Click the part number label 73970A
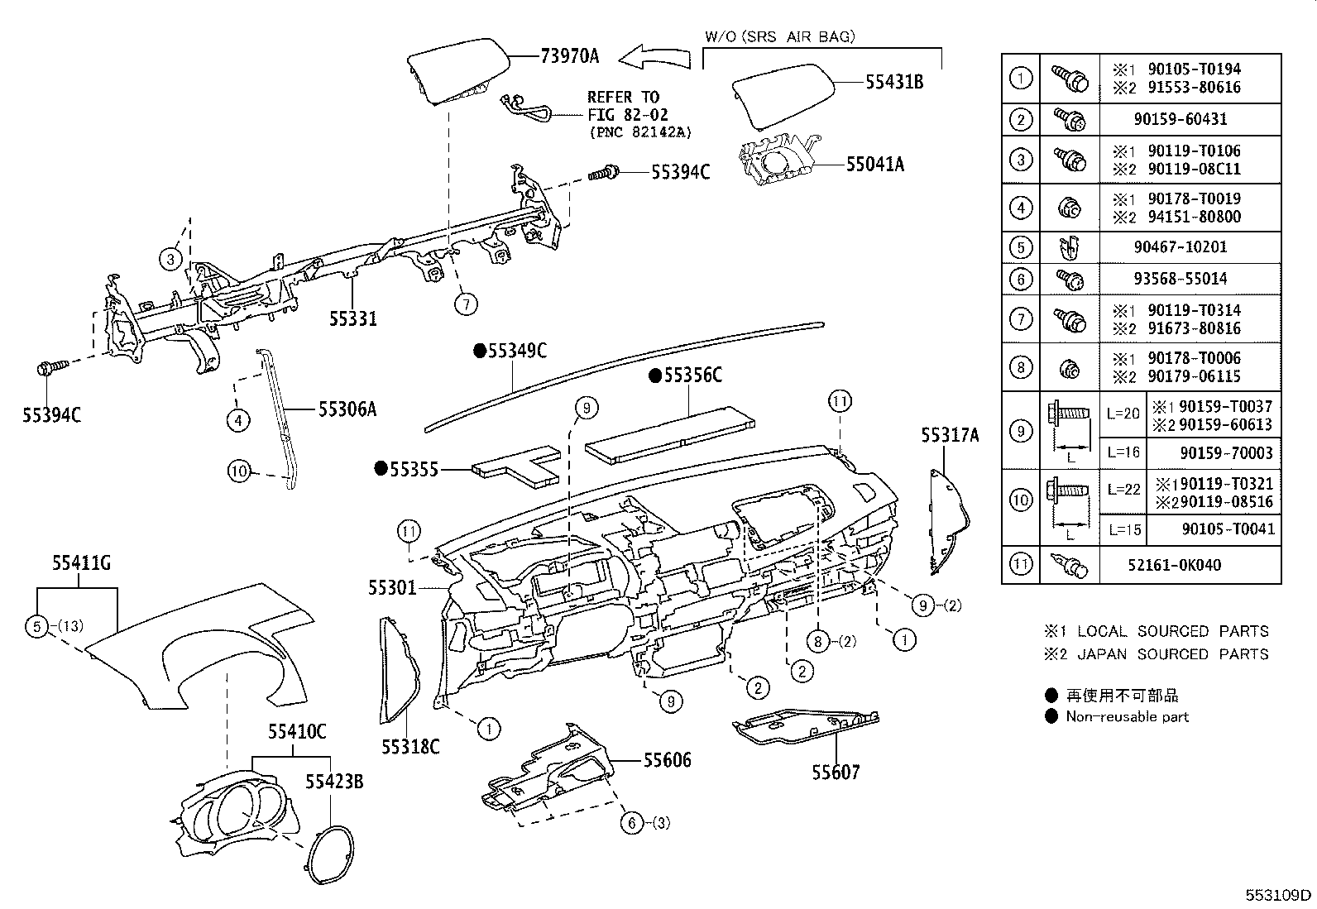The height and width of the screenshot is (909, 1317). click(569, 56)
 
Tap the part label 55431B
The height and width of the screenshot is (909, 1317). click(894, 82)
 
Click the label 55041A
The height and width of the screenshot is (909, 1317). click(874, 165)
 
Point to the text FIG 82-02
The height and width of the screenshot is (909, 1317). click(628, 115)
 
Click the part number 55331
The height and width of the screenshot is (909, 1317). click(353, 318)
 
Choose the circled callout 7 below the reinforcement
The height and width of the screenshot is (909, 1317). click(466, 304)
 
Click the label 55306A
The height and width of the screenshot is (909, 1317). click(347, 409)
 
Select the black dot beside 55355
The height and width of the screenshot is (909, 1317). click(381, 469)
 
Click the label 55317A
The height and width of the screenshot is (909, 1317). click(951, 435)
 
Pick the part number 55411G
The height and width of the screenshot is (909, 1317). click(81, 564)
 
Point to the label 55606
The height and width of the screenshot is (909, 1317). click(667, 759)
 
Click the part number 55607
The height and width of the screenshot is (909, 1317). click(836, 773)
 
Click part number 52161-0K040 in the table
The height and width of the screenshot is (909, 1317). click(1185, 566)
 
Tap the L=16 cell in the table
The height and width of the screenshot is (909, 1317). click(1122, 453)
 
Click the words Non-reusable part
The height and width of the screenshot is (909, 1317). click(1127, 717)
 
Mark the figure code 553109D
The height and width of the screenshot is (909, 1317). click(1279, 895)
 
